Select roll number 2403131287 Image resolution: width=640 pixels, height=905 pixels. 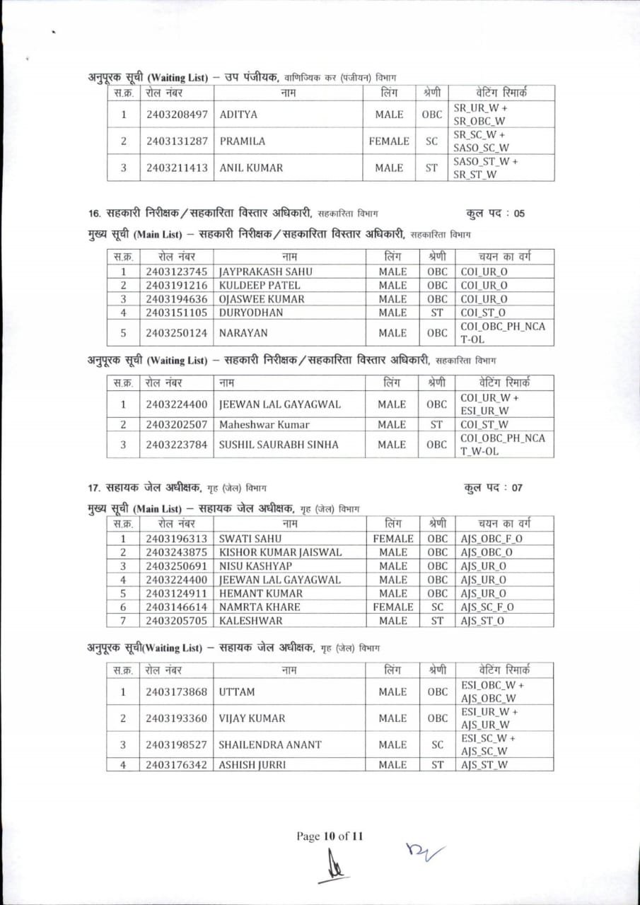pyautogui.click(x=177, y=141)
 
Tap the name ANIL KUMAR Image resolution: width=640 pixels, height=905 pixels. pyautogui.click(x=251, y=168)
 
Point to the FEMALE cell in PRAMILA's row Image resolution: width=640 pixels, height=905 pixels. pyautogui.click(x=389, y=141)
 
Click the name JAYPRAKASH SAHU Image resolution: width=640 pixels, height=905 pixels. pyautogui.click(x=265, y=271)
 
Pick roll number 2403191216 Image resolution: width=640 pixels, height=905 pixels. pyautogui.click(x=177, y=285)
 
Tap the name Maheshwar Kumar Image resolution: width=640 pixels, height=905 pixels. pyautogui.click(x=264, y=425)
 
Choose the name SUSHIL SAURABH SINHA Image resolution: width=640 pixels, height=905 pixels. pyautogui.click(x=279, y=445)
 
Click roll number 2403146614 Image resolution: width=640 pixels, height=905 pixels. pyautogui.click(x=177, y=607)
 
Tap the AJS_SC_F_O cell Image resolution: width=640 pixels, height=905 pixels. pyautogui.click(x=487, y=607)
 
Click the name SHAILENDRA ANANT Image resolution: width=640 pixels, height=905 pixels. pyautogui.click(x=269, y=745)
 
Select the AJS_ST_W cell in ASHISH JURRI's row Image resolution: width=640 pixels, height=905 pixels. pyautogui.click(x=484, y=764)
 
